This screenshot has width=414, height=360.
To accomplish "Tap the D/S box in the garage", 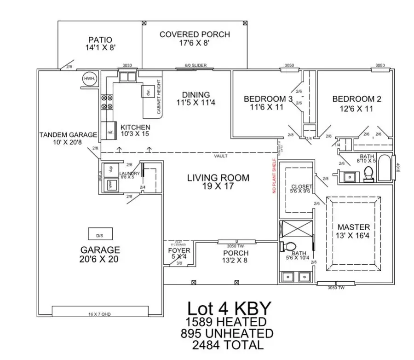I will tap(100, 235).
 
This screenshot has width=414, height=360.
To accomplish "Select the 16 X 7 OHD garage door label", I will tap(100, 314).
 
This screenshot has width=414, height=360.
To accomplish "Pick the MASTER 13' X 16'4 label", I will tap(353, 232).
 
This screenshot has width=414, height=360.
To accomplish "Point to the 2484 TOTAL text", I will tap(229, 344).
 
